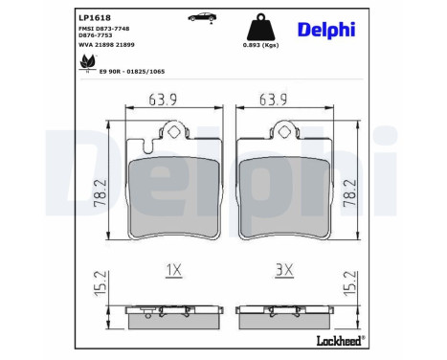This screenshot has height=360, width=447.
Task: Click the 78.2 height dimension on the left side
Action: coord(99,186)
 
